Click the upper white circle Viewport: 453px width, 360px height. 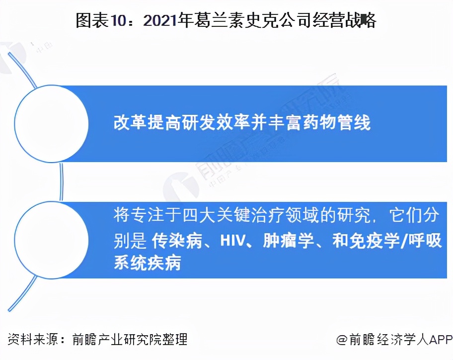[x=51, y=123]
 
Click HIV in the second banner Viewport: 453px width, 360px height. [x=230, y=241]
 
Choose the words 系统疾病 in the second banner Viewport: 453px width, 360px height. [x=147, y=263]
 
